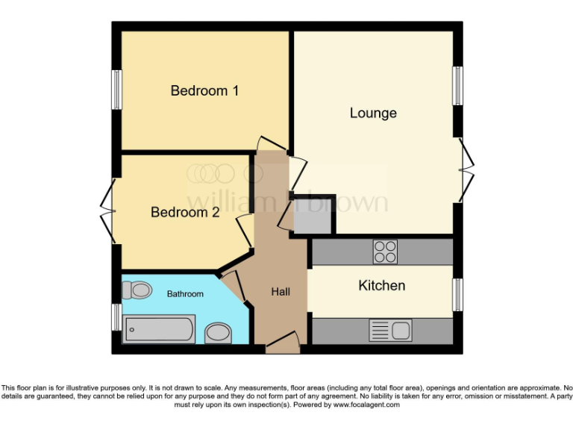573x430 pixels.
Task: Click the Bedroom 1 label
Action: [204, 91]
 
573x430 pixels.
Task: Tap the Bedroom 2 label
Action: [185, 213]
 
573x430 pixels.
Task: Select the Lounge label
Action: [373, 113]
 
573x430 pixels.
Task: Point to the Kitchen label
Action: [382, 286]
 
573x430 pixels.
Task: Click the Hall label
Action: [281, 292]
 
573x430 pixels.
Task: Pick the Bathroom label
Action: [185, 294]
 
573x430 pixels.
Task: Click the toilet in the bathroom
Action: [137, 288]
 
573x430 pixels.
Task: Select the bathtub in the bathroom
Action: [160, 328]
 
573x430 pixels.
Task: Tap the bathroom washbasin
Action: [218, 332]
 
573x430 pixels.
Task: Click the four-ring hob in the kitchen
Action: [385, 252]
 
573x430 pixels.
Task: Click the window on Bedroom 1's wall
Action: [117, 90]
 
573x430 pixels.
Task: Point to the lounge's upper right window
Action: [457, 86]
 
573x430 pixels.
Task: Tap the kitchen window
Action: [457, 295]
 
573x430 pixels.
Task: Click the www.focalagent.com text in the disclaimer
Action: [366, 405]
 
